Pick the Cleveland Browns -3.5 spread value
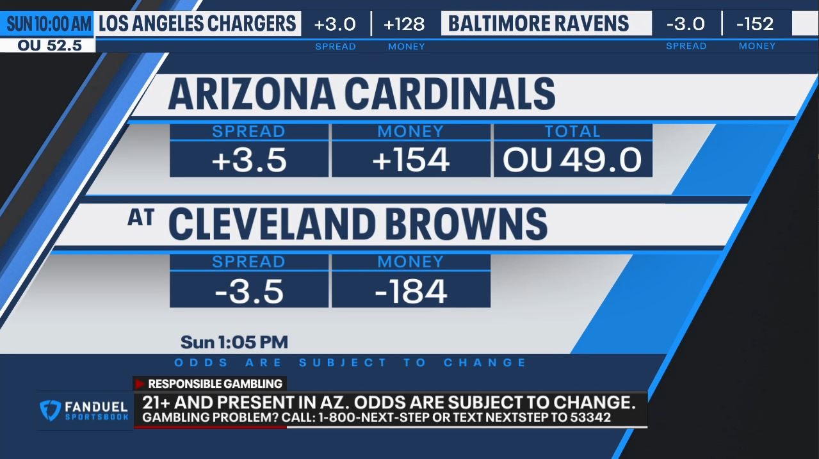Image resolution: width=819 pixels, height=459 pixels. [249, 291]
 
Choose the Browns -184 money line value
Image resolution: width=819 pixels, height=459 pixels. [410, 291]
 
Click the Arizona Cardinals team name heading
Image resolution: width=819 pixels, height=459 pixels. [361, 94]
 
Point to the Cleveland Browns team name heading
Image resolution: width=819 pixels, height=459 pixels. [357, 224]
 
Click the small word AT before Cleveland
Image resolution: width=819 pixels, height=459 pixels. [141, 218]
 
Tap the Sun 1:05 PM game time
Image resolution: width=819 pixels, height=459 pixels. [234, 342]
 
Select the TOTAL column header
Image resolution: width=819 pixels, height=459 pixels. [572, 131]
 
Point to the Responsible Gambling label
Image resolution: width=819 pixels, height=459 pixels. [215, 384]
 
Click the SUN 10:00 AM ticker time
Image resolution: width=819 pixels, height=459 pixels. [49, 24]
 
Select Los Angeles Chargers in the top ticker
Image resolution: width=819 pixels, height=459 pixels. [197, 24]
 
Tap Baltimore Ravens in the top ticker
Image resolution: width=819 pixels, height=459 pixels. [539, 24]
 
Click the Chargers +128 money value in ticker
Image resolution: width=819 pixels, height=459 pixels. [404, 24]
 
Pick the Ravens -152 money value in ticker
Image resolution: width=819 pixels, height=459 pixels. [755, 24]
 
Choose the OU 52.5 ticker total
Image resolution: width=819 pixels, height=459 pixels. [49, 45]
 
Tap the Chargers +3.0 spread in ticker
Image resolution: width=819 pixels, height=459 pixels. [335, 24]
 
